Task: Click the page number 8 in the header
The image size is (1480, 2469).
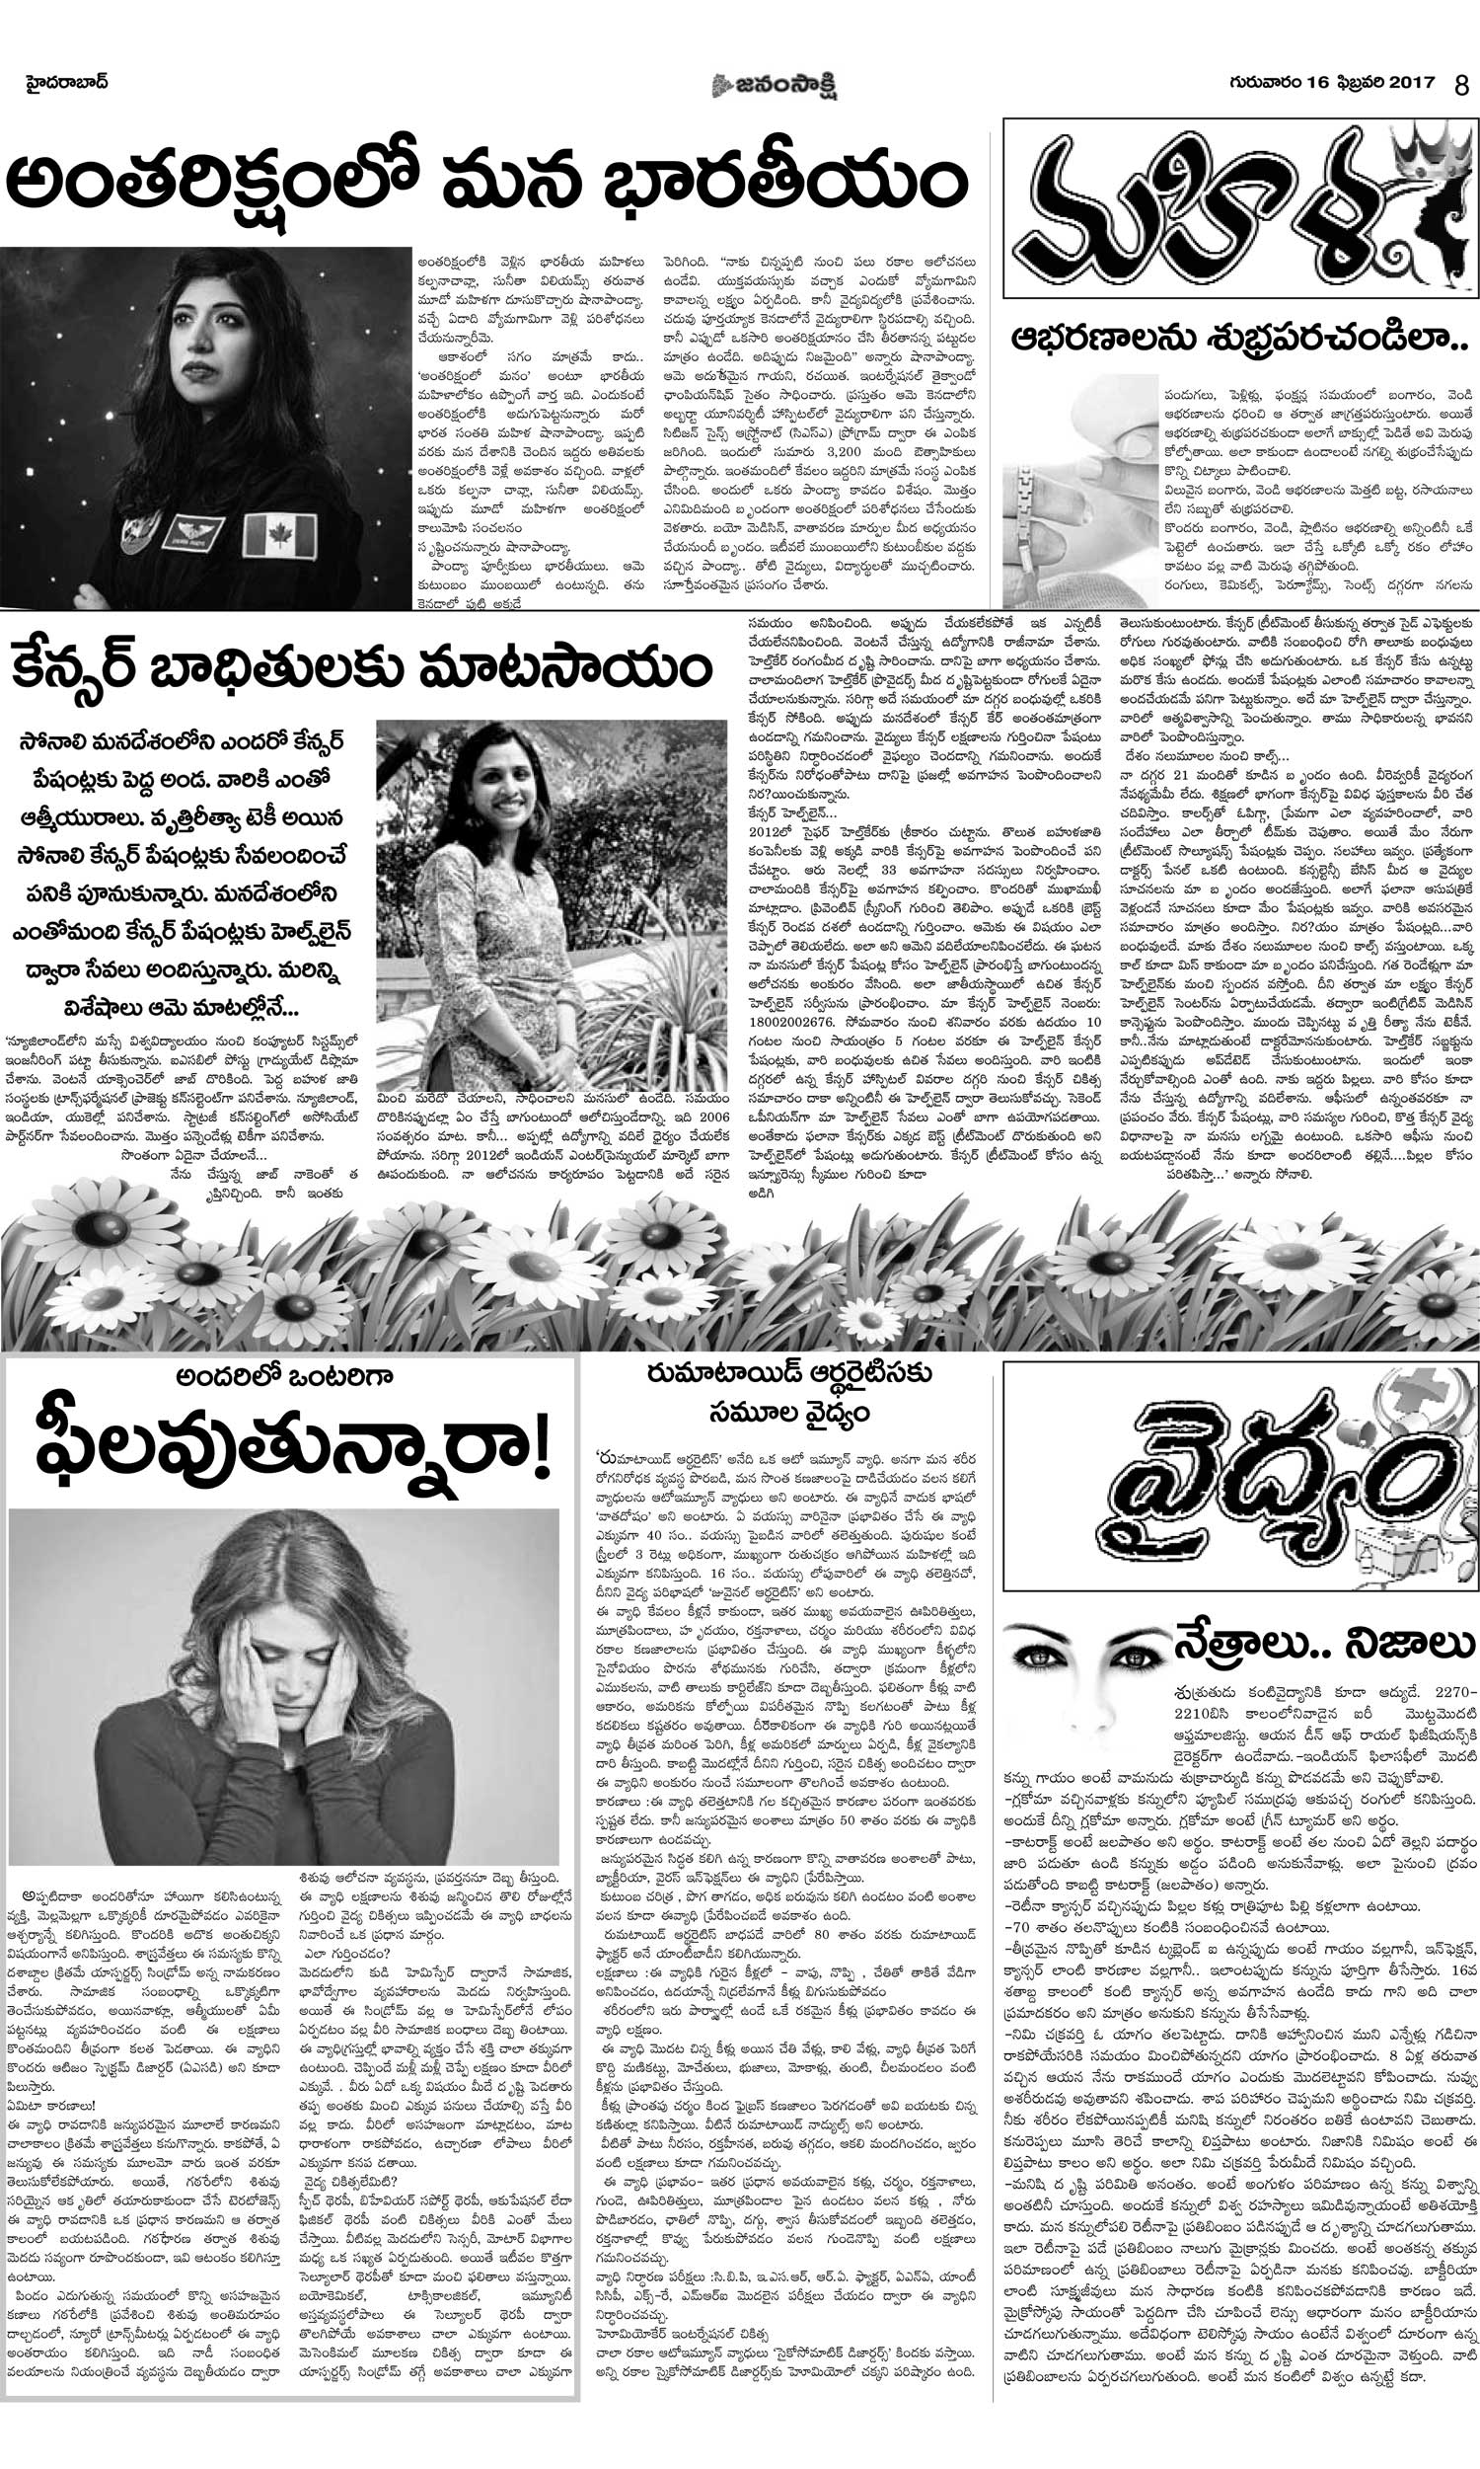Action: (x=1462, y=85)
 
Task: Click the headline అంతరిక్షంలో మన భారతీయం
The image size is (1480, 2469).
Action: (x=486, y=185)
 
